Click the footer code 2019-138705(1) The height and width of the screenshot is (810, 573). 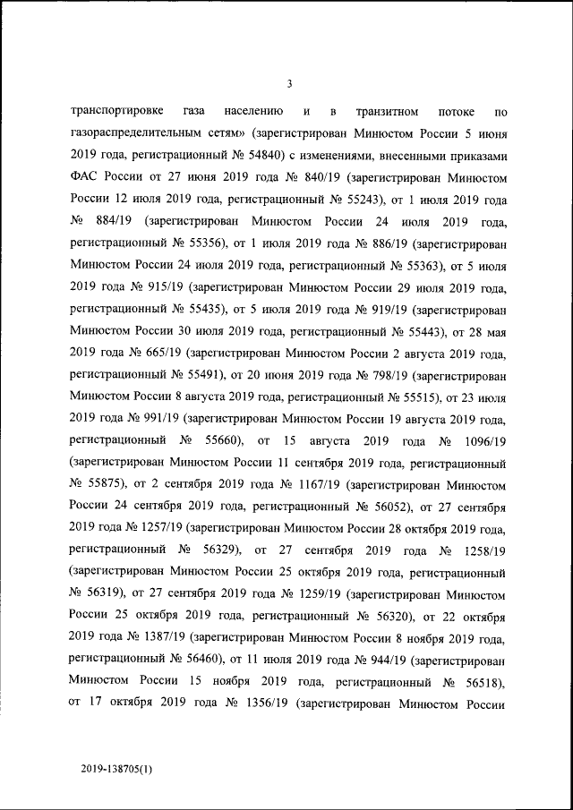point(114,768)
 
